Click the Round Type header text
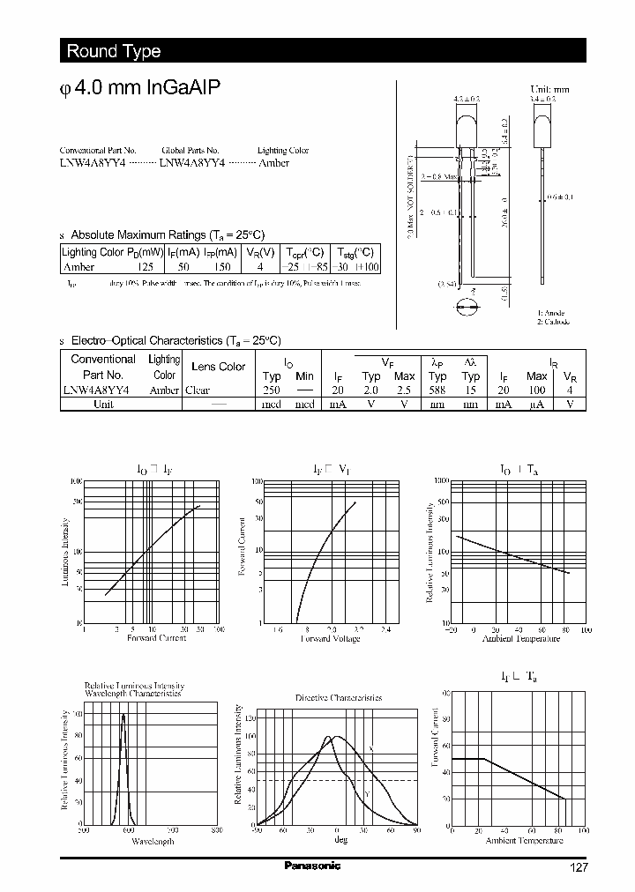coord(113,51)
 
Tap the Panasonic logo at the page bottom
coord(312,866)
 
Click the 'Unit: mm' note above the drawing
coord(550,90)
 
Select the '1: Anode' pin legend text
coord(551,313)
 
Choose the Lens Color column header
coord(218,367)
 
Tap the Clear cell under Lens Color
coord(197,390)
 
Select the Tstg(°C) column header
coord(358,252)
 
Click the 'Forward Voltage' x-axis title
coord(330,638)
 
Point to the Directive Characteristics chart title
coord(338,697)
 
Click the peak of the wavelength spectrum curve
coord(123,714)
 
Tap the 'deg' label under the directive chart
coord(340,839)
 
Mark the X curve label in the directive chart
coord(370,748)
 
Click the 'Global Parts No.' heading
coord(190,151)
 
